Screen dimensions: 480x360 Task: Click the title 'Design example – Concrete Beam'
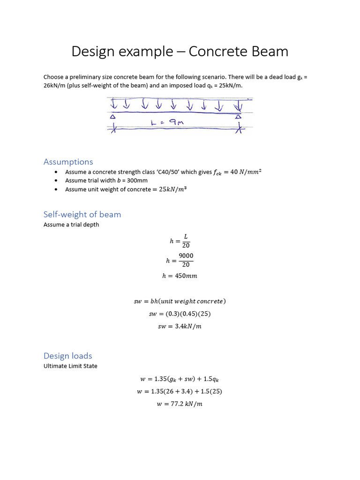(180, 52)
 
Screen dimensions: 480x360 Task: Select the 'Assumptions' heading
(68, 162)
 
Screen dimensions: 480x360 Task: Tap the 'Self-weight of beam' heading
(82, 214)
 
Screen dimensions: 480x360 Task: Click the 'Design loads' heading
(67, 356)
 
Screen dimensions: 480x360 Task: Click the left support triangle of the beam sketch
(113, 117)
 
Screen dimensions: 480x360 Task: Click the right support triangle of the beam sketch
(239, 117)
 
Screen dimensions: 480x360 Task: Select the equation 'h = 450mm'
(180, 276)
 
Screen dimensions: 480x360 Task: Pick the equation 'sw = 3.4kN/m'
(180, 326)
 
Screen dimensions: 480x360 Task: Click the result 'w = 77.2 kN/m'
(180, 404)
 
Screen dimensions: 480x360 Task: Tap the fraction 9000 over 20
(186, 260)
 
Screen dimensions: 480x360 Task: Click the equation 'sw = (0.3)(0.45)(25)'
(180, 314)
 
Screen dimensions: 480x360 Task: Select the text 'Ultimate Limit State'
(70, 366)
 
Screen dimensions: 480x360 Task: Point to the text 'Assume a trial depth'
(71, 225)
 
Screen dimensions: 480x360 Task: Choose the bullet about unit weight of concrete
(122, 189)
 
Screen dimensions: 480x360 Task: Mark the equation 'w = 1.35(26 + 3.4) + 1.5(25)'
(180, 391)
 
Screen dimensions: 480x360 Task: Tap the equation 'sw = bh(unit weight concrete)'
(180, 301)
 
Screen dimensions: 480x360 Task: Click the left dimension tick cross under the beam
(113, 128)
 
